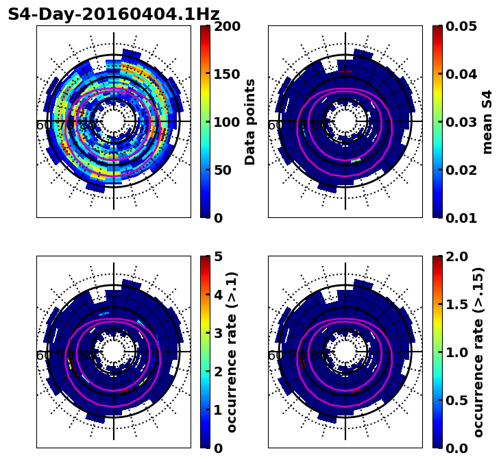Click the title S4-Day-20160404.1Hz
tap(114, 14)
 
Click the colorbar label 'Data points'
tap(250, 121)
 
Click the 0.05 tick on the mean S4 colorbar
tap(463, 27)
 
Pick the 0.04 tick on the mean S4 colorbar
tap(463, 74)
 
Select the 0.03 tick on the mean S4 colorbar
tap(463, 122)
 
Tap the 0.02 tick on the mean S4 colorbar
tap(463, 170)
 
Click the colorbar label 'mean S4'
tap(487, 121)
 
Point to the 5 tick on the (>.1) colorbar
tap(219, 257)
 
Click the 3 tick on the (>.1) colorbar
tap(219, 333)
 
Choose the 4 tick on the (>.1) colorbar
tap(219, 295)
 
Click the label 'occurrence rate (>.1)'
tap(232, 352)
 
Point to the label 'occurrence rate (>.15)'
tap(478, 352)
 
